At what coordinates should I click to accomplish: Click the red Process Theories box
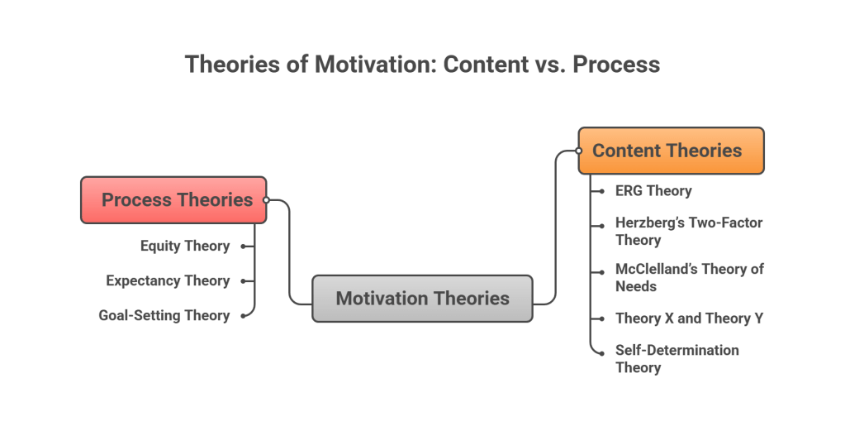173,200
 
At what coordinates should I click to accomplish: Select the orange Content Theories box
671,151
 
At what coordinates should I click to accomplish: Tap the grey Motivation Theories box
422,299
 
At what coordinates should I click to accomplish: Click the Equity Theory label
185,246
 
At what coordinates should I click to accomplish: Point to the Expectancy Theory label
168,280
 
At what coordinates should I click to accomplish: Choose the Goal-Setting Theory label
164,315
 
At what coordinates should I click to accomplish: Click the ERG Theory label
653,191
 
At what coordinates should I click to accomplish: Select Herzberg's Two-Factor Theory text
688,232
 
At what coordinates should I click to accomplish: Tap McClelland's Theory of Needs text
690,277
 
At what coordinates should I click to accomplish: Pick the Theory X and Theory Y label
688,318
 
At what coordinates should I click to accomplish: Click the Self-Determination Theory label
676,358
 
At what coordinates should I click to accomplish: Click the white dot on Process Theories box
266,200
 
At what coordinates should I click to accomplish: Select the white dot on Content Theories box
579,151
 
